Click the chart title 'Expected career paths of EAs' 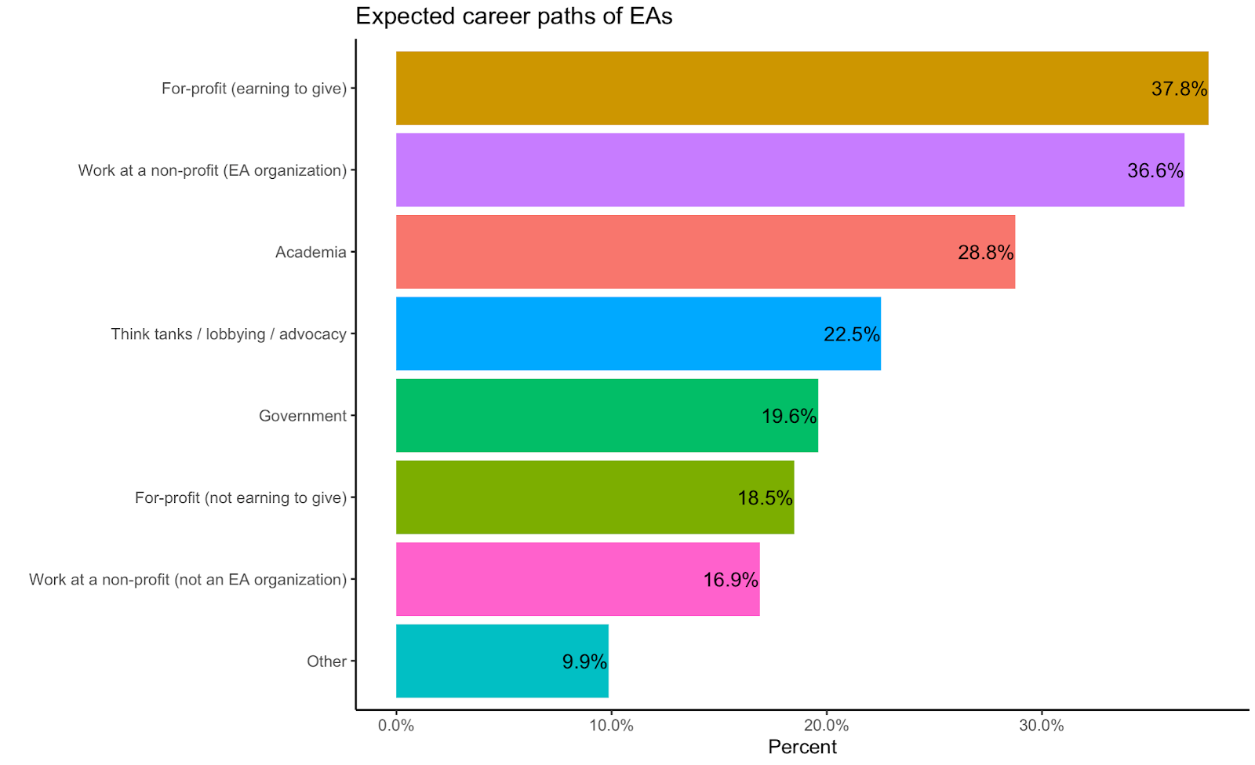click(x=514, y=16)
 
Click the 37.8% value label click(x=1179, y=89)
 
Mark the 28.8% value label click(x=985, y=253)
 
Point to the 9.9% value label click(x=584, y=662)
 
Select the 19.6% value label click(x=789, y=416)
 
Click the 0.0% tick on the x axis click(x=396, y=726)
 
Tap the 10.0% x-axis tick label click(x=611, y=726)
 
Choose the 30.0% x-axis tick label click(x=1041, y=726)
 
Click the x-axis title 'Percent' click(x=802, y=747)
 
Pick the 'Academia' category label click(x=311, y=253)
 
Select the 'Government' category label click(x=303, y=416)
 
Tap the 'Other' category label click(x=326, y=661)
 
